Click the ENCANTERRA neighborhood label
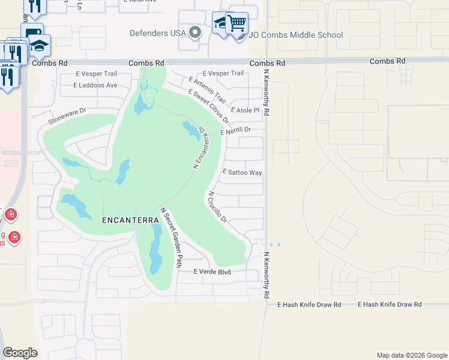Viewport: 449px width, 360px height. [130, 220]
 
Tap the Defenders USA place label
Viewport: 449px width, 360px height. [158, 32]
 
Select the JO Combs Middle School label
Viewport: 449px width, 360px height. [297, 35]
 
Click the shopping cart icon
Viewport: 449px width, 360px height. [237, 23]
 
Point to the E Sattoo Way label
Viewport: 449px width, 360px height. [242, 172]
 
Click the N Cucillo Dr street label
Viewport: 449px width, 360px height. [217, 208]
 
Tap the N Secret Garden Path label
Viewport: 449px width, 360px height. [171, 236]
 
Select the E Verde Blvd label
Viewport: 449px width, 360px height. [212, 272]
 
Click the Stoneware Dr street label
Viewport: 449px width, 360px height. [68, 115]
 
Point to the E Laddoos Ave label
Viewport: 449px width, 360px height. [95, 85]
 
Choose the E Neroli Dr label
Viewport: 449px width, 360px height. [235, 130]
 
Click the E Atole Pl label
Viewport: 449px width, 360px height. [245, 110]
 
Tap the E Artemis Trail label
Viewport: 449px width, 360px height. [207, 89]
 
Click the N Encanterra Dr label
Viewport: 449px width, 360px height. [199, 148]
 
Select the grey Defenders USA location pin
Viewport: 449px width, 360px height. [194, 32]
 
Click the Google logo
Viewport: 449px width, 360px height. [20, 353]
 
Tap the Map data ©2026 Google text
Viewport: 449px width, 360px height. [411, 355]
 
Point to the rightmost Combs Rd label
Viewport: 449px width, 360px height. [388, 61]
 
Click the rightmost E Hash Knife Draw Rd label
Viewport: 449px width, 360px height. [390, 305]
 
